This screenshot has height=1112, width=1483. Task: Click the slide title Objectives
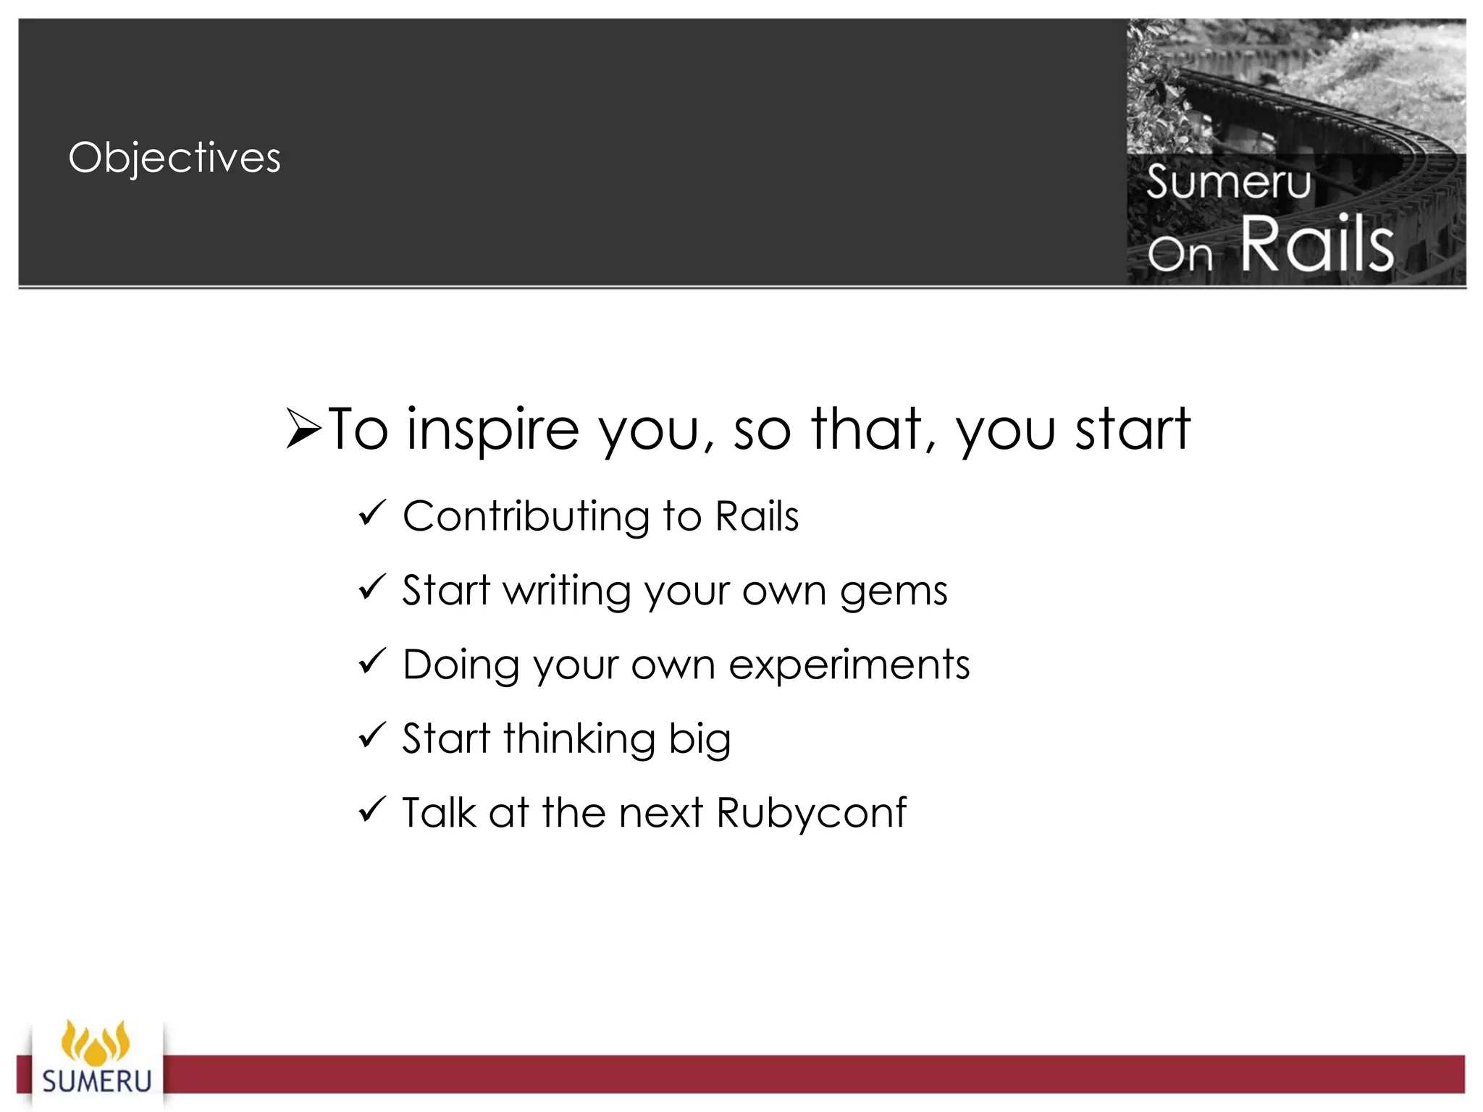(x=175, y=158)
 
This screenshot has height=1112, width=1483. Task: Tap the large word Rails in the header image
(x=1317, y=245)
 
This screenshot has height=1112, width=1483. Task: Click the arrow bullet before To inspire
(x=303, y=429)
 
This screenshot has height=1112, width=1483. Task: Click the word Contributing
(x=526, y=517)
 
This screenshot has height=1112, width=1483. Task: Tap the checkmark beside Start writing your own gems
(x=372, y=588)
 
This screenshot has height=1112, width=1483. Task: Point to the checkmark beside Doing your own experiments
(x=372, y=662)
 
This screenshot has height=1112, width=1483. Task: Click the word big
(x=700, y=740)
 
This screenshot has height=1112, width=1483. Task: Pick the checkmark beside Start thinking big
(x=372, y=736)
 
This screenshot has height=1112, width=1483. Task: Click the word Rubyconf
(x=811, y=814)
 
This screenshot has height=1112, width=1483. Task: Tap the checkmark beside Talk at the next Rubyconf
(x=372, y=810)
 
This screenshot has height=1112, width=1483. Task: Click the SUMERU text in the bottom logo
(x=97, y=1082)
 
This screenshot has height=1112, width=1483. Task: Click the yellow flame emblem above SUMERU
(x=96, y=1042)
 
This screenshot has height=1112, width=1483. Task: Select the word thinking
(x=579, y=740)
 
